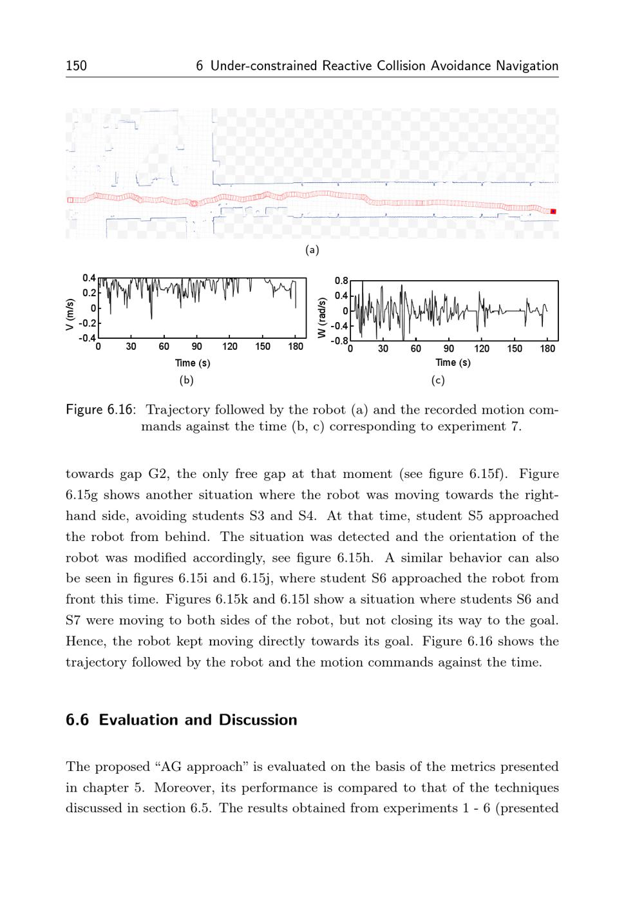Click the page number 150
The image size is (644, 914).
point(76,66)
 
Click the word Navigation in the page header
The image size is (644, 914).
point(527,66)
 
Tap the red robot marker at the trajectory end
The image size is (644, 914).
point(553,211)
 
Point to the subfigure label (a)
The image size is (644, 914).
point(312,250)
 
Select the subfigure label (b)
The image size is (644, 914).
point(186,380)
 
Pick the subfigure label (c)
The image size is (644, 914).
point(438,380)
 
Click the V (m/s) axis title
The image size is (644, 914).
point(70,315)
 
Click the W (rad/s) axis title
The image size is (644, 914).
point(321,316)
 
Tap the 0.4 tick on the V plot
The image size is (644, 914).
point(89,278)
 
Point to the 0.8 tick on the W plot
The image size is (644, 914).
point(341,281)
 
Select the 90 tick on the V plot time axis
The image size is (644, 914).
point(197,347)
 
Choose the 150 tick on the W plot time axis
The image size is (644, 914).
point(515,349)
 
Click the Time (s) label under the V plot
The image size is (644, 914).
point(193,363)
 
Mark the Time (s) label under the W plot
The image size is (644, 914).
point(453,363)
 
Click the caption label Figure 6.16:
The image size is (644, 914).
point(100,410)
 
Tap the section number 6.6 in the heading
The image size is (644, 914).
point(77,720)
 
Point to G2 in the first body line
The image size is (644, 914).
point(158,474)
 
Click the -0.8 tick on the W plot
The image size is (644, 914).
point(339,340)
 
